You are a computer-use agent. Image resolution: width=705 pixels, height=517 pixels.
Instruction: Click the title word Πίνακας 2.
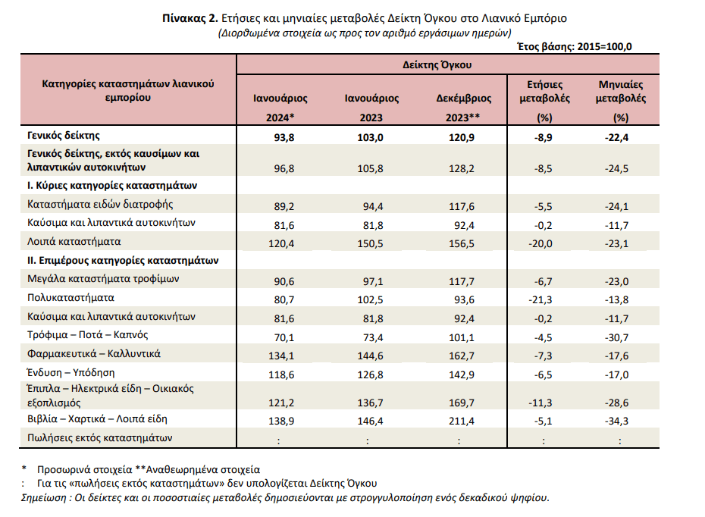point(190,18)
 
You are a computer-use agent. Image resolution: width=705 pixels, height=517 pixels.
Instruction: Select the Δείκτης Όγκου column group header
point(437,64)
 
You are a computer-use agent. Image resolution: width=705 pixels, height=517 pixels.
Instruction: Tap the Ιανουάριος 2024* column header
point(280,108)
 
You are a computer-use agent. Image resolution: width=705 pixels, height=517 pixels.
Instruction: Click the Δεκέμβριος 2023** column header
point(463,108)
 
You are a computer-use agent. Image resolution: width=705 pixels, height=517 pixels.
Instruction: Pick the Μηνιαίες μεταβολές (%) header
point(621,101)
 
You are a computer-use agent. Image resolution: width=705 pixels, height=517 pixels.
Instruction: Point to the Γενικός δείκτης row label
point(64,136)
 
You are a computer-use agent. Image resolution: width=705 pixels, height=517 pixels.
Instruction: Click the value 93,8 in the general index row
point(284,137)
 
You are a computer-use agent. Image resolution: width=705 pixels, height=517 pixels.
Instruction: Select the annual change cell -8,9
point(543,137)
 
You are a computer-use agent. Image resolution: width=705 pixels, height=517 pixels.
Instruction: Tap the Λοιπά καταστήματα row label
point(74,242)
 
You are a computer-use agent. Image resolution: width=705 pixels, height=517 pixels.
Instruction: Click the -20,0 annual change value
point(540,243)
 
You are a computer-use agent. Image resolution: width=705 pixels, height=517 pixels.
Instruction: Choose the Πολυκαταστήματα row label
point(70,298)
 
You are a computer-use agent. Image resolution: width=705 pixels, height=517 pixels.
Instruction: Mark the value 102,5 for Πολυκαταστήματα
point(371,300)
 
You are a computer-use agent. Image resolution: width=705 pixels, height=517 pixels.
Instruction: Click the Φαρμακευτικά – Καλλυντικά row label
point(93,354)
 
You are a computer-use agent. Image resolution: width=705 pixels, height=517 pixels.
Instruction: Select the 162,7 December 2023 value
point(462,356)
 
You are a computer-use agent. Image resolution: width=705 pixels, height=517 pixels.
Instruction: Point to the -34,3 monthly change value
point(616,421)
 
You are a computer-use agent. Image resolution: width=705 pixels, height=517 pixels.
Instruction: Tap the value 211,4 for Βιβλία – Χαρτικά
point(462,421)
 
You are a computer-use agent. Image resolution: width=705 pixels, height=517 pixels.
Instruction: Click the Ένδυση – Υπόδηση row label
point(70,373)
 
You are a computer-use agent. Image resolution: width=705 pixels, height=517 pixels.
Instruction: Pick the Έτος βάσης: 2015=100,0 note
point(575,47)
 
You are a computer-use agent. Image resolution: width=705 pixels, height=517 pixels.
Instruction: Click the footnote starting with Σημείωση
point(285,497)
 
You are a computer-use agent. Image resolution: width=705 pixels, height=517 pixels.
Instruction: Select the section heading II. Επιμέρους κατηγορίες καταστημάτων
point(123,261)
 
